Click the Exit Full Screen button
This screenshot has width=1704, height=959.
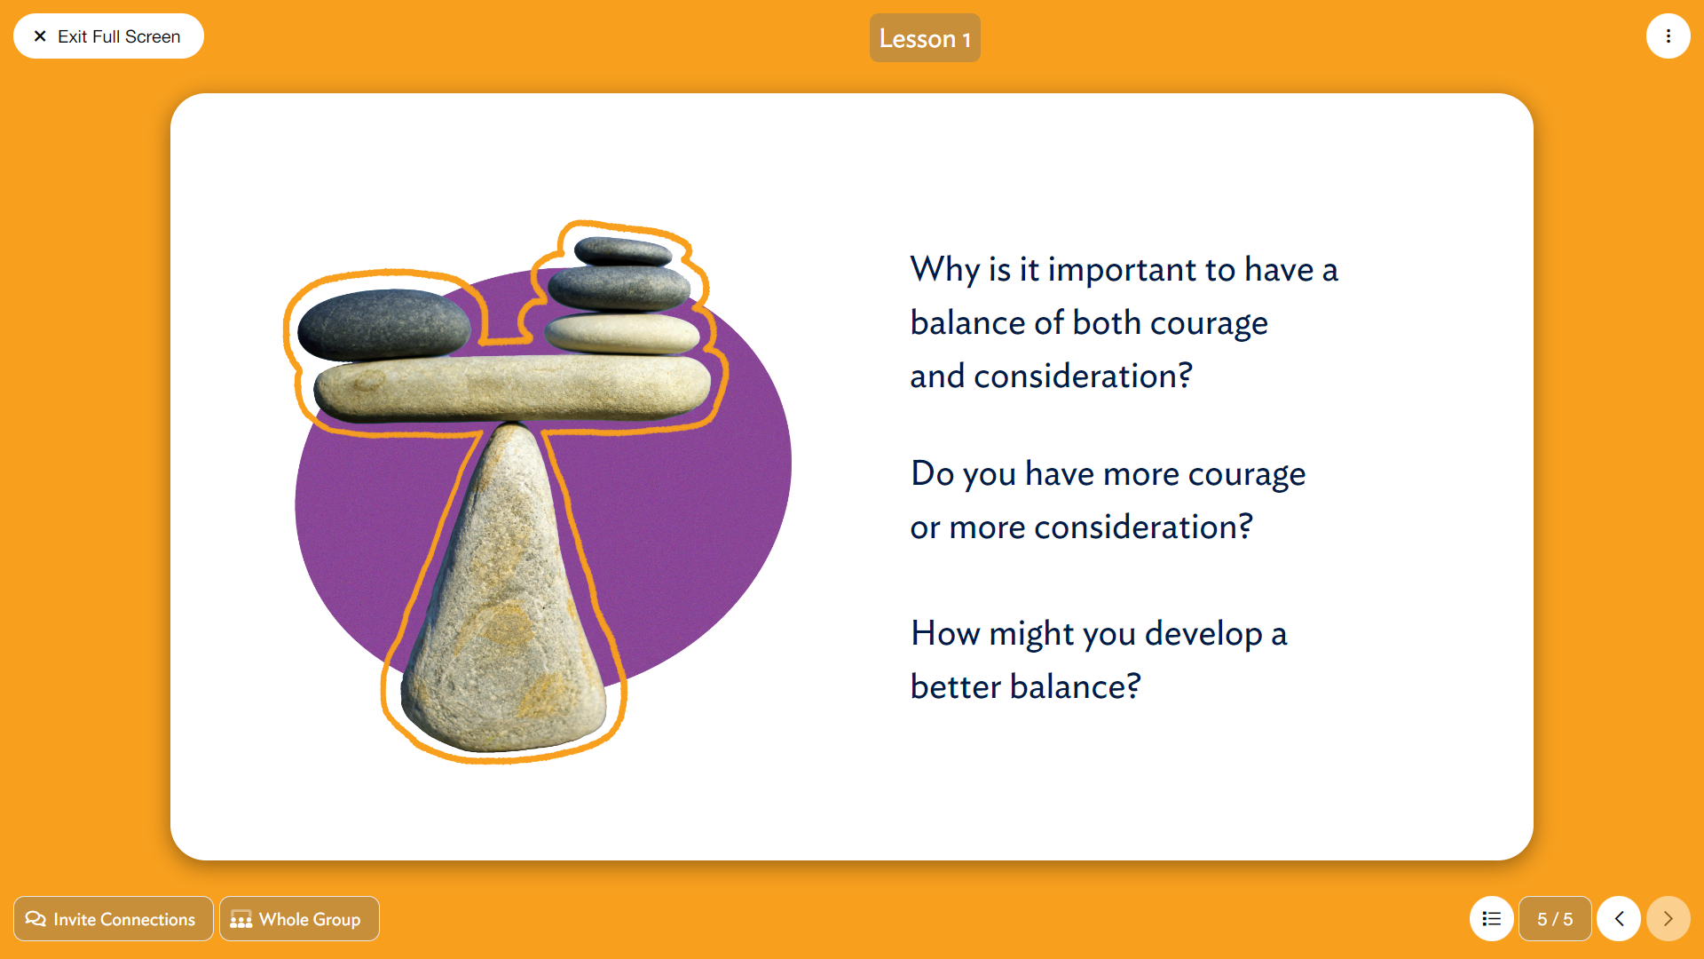(108, 36)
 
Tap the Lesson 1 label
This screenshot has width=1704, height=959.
(925, 38)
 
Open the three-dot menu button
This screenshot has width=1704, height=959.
(1668, 36)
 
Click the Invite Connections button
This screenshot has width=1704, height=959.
(114, 919)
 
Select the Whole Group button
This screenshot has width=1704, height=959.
(299, 919)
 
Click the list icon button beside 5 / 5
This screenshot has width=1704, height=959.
(1492, 919)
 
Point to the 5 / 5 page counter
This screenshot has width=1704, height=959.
(1555, 919)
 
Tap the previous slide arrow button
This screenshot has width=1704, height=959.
(1619, 919)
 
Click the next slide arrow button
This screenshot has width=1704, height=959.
(1668, 919)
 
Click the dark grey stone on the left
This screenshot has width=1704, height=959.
(383, 324)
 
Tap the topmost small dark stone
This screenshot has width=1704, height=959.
(623, 251)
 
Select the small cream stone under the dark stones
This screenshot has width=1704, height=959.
(622, 333)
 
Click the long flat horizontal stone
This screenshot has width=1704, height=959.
(513, 387)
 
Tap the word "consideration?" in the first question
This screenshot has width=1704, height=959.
(1083, 376)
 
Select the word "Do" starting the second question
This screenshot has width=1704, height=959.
(932, 473)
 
